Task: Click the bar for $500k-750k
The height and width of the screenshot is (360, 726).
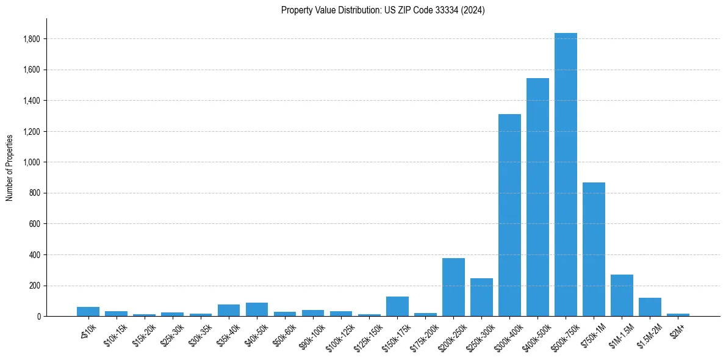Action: [x=566, y=175]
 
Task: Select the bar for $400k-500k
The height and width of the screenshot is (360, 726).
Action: [x=537, y=197]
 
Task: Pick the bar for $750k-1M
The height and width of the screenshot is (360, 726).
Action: [x=594, y=249]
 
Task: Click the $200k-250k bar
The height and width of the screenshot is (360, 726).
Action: [x=453, y=287]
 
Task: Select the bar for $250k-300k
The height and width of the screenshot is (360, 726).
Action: [x=481, y=297]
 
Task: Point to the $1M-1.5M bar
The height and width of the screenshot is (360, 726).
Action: [x=622, y=295]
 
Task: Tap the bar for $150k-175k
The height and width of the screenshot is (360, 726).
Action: [x=397, y=306]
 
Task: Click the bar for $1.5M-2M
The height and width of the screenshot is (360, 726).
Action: [x=650, y=307]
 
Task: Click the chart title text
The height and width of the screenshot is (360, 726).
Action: [x=383, y=10]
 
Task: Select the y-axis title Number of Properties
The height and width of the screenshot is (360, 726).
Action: [x=10, y=167]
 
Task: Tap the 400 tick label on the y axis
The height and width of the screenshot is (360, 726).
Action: [x=35, y=255]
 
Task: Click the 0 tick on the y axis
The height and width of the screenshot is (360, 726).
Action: [x=38, y=317]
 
